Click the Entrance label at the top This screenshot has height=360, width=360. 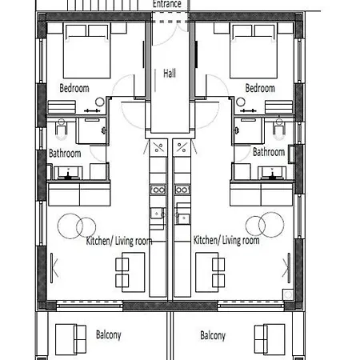pos(167,4)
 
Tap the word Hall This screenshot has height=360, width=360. pos(170,73)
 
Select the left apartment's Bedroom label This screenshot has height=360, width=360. pos(74,88)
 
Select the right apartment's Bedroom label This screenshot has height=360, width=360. pos(260,88)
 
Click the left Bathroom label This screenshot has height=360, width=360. pos(65,154)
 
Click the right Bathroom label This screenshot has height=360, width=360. pos(269,152)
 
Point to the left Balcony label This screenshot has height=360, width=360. pos(109,334)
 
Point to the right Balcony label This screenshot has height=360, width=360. pos(213,335)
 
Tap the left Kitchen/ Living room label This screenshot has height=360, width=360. pos(119,241)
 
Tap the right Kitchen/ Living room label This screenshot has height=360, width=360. pos(226,240)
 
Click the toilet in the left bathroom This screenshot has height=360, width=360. pos(62,130)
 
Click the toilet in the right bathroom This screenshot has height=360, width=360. pos(279,130)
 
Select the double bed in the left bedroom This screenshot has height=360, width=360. pos(87,50)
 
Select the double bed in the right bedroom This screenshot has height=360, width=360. pos(254,50)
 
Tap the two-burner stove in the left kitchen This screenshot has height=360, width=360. pos(158,190)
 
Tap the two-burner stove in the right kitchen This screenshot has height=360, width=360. pos(182,190)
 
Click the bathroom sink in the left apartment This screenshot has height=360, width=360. pos(68,174)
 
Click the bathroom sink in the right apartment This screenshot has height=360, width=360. pos(272,174)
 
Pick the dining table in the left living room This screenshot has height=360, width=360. pos(134,272)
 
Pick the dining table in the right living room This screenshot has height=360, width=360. pos(207,272)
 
